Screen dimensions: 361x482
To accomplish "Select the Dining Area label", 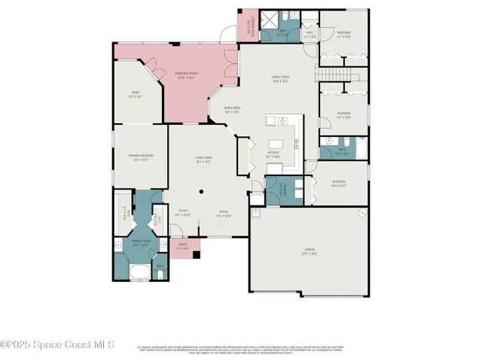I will click(x=231, y=110).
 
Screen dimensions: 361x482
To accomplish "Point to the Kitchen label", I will click(x=273, y=154).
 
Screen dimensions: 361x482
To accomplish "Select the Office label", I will click(x=224, y=213).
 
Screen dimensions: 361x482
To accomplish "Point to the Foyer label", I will click(x=183, y=213).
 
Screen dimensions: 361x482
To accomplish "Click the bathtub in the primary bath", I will click(x=142, y=272).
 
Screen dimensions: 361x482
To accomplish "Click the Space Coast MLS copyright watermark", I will click(x=56, y=344).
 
